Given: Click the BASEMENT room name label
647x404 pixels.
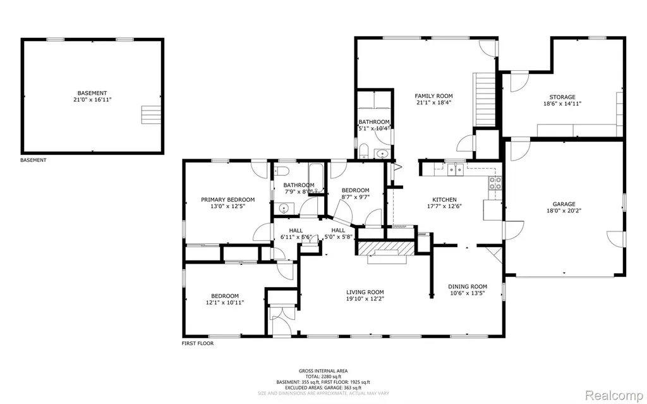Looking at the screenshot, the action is tap(92, 93).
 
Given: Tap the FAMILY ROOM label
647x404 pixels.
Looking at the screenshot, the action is tap(433, 96).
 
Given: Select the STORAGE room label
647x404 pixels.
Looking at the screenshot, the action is tap(562, 97).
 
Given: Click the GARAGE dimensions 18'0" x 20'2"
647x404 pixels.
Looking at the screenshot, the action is tap(564, 211).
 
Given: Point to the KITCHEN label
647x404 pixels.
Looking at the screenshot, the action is tap(444, 200).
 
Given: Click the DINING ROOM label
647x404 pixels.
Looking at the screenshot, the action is tap(468, 286).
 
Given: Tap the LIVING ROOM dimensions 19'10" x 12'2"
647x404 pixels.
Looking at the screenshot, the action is tap(365, 298).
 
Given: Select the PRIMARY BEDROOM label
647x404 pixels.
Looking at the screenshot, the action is tap(227, 200).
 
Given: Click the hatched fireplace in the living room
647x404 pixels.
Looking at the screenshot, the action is tap(385, 248).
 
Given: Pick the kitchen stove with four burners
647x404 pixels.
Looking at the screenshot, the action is tap(495, 183).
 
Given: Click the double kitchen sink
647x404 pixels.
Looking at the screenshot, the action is tap(455, 169).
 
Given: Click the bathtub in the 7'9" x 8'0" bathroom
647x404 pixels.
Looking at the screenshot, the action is tap(316, 178).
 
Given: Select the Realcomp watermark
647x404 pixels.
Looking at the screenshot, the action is tap(615, 395).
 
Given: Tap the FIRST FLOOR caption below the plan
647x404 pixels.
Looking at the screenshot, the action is tap(198, 343).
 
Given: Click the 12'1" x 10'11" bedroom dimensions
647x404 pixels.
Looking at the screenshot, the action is tap(225, 302).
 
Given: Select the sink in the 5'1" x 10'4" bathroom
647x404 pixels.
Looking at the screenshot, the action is tap(382, 154).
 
